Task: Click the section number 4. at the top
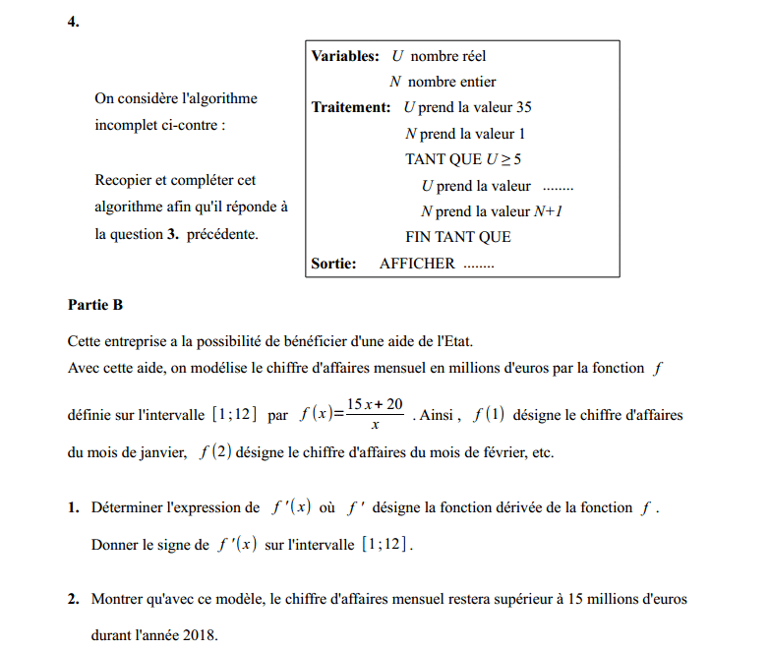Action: click(74, 21)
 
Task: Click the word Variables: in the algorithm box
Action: click(345, 56)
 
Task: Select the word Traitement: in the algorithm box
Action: click(351, 107)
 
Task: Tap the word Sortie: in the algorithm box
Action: click(333, 263)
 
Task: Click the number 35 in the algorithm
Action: click(523, 107)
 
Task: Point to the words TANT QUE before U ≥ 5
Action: click(444, 158)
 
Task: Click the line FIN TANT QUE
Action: click(458, 237)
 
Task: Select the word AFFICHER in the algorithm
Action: click(417, 263)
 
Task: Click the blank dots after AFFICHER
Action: click(479, 264)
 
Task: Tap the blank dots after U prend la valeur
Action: click(558, 186)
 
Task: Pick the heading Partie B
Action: click(95, 305)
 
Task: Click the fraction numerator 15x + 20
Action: click(376, 404)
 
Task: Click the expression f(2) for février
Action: click(214, 453)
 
